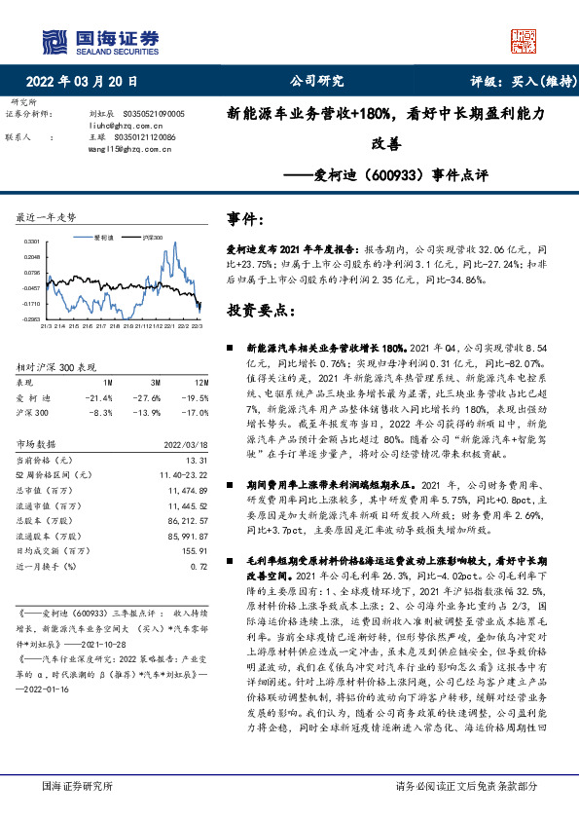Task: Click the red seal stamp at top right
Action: (524, 38)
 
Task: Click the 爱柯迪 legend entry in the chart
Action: (104, 236)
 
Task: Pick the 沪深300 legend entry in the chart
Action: (152, 236)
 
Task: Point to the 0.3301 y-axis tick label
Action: (31, 240)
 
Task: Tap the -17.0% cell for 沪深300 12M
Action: (196, 412)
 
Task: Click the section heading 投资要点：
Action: (262, 310)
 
